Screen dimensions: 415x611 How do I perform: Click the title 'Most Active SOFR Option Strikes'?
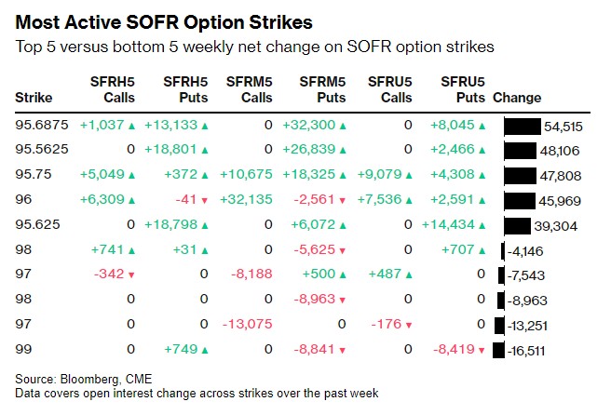164,20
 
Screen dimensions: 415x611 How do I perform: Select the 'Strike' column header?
34,98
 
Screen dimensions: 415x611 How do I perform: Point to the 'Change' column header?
517,98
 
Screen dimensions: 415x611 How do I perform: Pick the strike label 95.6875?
42,125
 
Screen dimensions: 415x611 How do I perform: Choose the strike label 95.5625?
42,149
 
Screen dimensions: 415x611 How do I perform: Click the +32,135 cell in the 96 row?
246,199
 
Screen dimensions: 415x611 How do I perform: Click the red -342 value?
111,274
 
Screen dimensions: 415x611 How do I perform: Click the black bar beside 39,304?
517,224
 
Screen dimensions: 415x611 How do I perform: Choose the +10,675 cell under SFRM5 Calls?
246,174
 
